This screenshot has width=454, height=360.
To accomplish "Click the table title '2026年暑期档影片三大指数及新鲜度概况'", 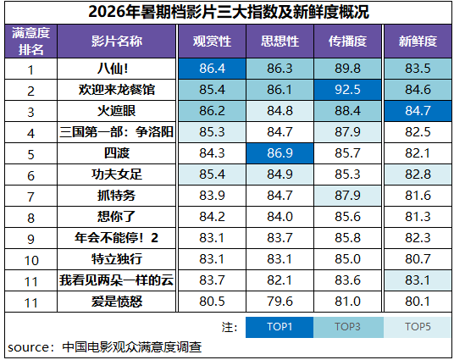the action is pos(229,12).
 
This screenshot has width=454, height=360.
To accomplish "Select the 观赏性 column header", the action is pos(213,42).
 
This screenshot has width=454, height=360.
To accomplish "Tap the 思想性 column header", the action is pos(280,42).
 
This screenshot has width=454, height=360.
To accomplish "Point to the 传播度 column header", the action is pos(347,42).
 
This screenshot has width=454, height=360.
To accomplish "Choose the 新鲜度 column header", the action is pos(418,42).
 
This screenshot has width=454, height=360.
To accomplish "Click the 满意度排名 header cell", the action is pos(31,42).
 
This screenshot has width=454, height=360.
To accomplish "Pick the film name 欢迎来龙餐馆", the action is pos(117,90).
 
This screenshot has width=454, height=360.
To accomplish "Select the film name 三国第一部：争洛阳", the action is pos(116,132).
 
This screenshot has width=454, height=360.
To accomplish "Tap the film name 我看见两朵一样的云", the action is pos(116,280).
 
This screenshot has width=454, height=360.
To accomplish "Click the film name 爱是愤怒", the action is pos(117,302).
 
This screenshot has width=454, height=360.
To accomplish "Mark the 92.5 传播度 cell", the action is pos(347,90).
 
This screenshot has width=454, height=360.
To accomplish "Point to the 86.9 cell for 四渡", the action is pos(280,153).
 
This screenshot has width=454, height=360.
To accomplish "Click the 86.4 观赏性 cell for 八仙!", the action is pos(213,69).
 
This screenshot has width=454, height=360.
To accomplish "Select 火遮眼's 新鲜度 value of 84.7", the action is pos(418,111).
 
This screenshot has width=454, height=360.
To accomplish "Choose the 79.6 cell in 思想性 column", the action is pos(280,302).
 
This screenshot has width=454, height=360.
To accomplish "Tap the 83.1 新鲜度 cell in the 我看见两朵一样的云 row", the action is pos(418,280).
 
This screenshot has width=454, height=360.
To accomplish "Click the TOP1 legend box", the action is pos(280,327).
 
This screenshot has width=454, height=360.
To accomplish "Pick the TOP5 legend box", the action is pos(418,327).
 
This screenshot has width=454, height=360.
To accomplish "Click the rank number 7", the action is pos(31,197).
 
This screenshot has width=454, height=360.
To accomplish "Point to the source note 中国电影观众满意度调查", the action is pos(132,347).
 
